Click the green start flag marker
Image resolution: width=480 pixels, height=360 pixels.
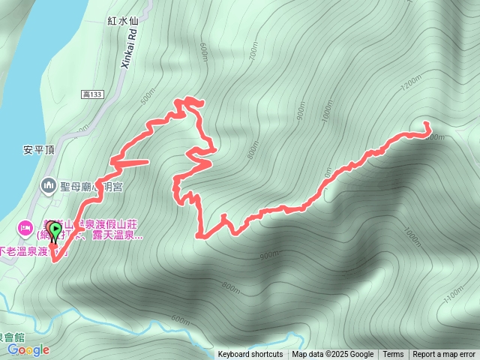[x=55, y=232]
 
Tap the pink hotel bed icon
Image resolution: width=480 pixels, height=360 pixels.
[x=25, y=226]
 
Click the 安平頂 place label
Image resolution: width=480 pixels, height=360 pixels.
[x=37, y=149]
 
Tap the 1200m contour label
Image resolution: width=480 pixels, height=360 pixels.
[x=411, y=85]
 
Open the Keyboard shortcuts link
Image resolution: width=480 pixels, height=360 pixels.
[x=250, y=355]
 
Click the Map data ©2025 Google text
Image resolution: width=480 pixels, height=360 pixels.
[x=333, y=355]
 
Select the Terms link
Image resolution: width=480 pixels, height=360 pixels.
[x=393, y=355]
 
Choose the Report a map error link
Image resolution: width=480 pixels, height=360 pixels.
[x=444, y=355]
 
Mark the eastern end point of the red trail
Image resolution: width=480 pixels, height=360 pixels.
[x=427, y=123]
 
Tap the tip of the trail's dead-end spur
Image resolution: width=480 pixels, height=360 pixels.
[x=148, y=160]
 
